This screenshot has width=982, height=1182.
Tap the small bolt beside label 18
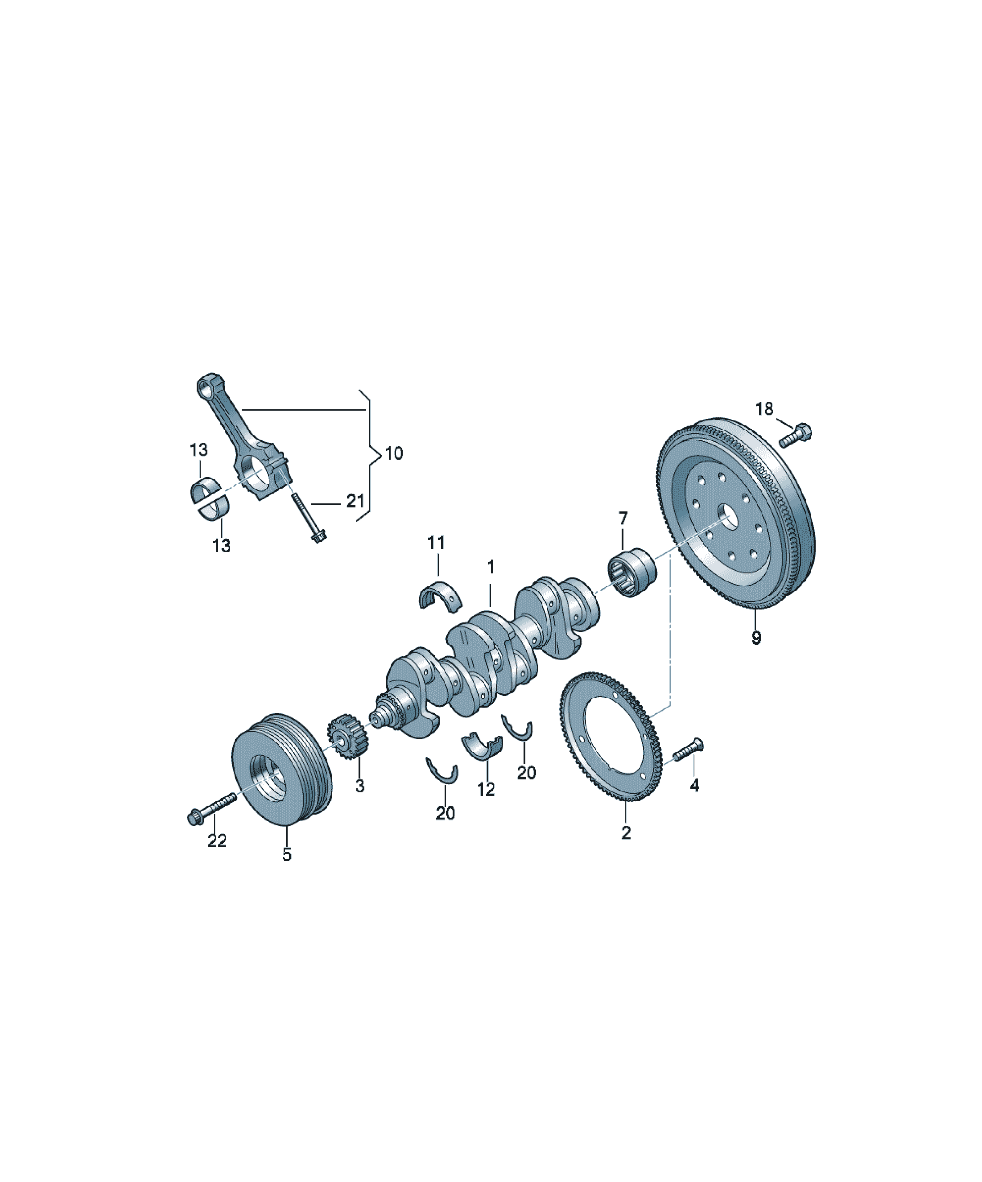(x=795, y=435)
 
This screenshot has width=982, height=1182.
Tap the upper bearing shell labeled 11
(x=441, y=594)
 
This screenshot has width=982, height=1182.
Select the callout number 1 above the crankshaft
(x=491, y=567)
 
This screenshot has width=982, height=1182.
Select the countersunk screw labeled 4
(x=688, y=749)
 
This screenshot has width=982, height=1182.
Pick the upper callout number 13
(x=198, y=450)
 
